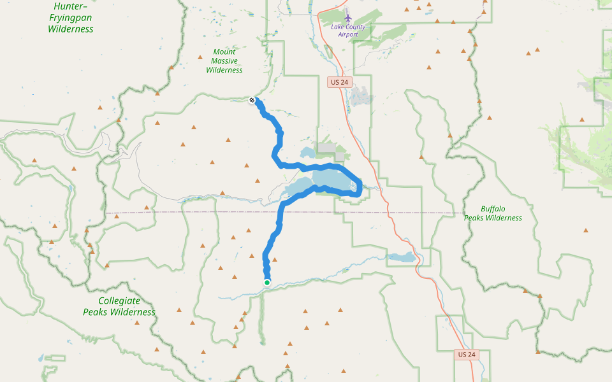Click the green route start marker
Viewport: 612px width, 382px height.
tap(267, 283)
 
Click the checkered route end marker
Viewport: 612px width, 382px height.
tap(252, 100)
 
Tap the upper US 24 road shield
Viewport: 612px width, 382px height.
tap(340, 82)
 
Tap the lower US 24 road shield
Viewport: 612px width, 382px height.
tap(467, 354)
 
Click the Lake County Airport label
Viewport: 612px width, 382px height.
tap(348, 30)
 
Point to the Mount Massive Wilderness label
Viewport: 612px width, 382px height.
tap(224, 61)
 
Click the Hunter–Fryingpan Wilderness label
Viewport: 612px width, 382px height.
tap(70, 17)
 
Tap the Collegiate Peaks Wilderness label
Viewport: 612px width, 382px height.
tap(119, 306)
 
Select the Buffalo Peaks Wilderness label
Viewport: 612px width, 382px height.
tap(493, 213)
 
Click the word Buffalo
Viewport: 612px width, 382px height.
tap(493, 209)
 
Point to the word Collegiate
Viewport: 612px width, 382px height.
tap(120, 301)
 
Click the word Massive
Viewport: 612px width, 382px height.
tap(224, 61)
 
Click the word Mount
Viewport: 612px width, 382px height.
tap(224, 52)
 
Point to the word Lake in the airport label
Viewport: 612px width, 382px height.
tap(338, 27)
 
